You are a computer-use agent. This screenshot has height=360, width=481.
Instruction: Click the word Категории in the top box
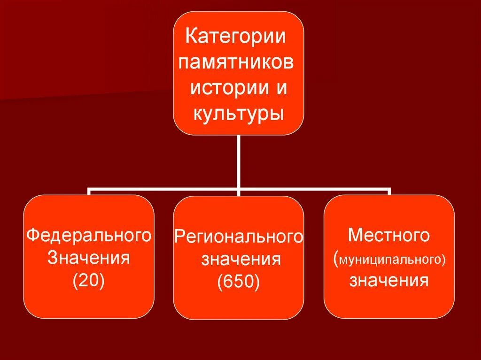235,37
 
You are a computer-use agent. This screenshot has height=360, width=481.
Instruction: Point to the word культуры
238,114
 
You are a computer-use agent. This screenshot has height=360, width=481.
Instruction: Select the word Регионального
239,237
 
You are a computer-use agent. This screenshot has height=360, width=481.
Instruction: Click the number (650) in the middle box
239,283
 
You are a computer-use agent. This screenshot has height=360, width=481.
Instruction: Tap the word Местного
389,235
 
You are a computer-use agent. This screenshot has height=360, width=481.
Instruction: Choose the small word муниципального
392,259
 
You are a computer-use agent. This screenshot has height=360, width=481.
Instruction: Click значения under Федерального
89,258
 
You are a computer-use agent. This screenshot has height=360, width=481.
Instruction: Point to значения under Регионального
241,260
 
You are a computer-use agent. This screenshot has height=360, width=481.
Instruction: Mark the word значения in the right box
389,281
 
